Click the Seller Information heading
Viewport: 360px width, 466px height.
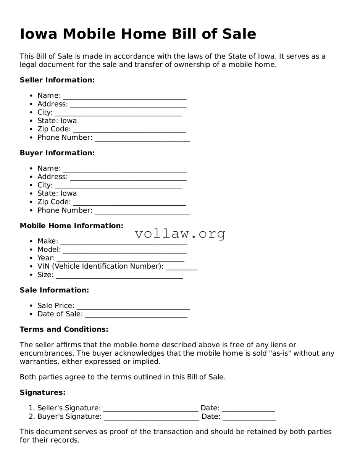[57, 80]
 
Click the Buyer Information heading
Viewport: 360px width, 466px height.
[57, 153]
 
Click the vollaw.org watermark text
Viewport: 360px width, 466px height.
[180, 234]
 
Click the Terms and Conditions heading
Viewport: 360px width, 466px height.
[64, 329]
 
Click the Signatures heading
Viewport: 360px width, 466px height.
[42, 393]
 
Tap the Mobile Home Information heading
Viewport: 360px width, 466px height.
[71, 226]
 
